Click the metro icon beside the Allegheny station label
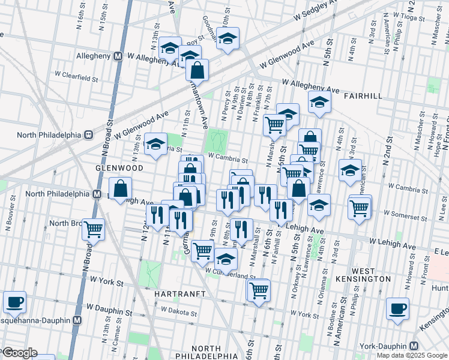(x=118, y=56)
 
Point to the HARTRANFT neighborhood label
(x=179, y=294)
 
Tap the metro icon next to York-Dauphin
(x=414, y=346)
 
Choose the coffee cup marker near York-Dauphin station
(x=397, y=308)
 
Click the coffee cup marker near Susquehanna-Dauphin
(x=14, y=302)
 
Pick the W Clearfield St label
(x=76, y=78)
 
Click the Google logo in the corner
(x=19, y=353)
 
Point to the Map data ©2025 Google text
(x=412, y=355)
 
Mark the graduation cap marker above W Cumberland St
(x=226, y=259)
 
